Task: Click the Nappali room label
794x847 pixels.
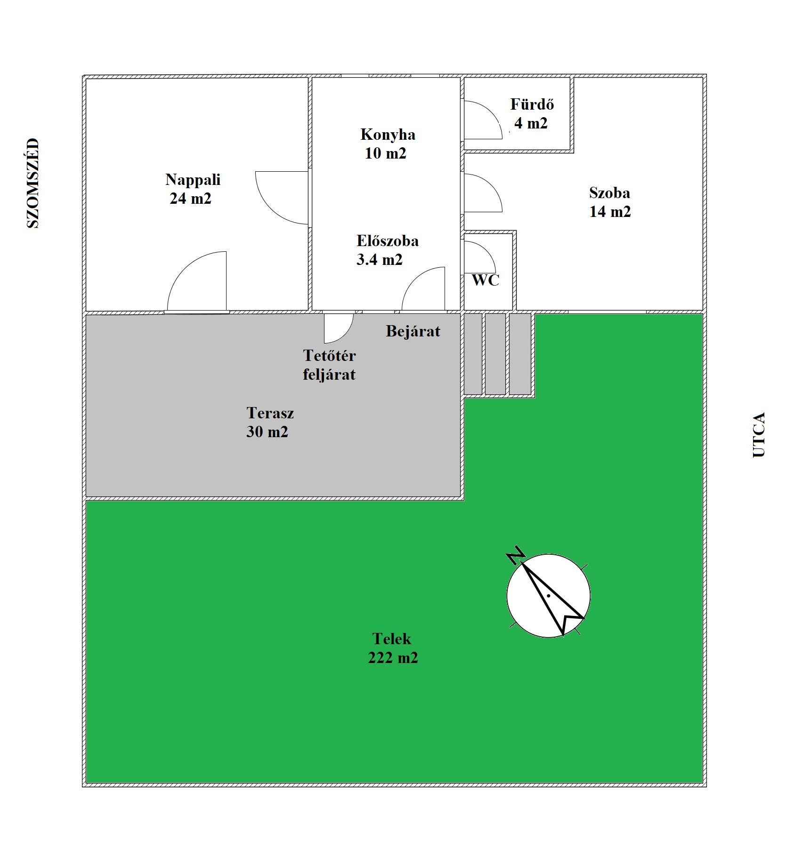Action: click(193, 180)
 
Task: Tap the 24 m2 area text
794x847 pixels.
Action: click(190, 199)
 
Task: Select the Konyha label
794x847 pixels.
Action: click(388, 135)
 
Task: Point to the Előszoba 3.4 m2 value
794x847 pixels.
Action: click(379, 260)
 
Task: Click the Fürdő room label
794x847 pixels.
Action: click(532, 104)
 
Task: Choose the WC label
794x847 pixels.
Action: click(485, 280)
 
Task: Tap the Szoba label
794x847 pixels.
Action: click(609, 193)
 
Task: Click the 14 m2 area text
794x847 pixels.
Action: click(610, 212)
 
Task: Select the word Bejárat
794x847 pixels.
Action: click(413, 331)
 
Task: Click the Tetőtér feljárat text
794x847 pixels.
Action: click(329, 365)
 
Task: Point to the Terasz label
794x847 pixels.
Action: click(270, 413)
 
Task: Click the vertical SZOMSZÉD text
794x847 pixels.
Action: click(32, 183)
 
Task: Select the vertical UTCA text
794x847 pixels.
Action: click(759, 435)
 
